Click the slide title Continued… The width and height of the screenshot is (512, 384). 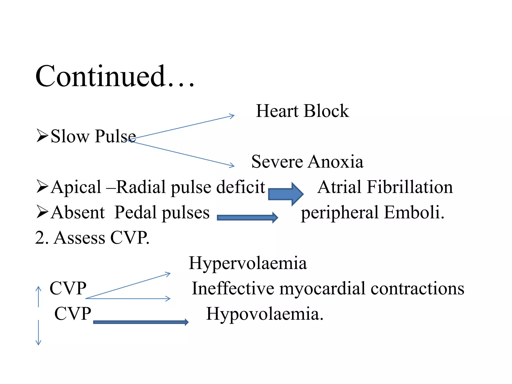[x=115, y=76]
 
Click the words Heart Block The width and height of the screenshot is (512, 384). [x=302, y=111]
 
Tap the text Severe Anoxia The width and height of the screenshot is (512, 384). [x=307, y=161]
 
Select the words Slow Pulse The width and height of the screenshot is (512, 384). [x=93, y=136]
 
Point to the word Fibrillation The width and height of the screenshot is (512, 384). [x=410, y=187]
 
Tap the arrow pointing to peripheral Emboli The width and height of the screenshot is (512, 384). [x=247, y=217]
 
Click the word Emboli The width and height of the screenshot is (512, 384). [x=414, y=212]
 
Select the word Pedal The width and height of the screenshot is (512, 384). [x=135, y=212]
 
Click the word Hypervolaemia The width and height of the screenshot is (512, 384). [x=248, y=263]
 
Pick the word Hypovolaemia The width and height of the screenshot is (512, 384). [x=264, y=314]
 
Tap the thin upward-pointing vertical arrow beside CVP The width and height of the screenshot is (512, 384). [x=38, y=296]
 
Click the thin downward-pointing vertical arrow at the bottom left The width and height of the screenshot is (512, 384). [x=38, y=332]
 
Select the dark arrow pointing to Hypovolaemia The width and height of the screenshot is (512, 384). [x=141, y=322]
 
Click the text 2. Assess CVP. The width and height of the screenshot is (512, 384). [x=92, y=238]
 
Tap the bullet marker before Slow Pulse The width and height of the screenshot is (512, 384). [x=42, y=136]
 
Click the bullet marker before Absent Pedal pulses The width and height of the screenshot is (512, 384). [x=42, y=212]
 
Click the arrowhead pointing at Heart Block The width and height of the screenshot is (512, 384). [x=232, y=116]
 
